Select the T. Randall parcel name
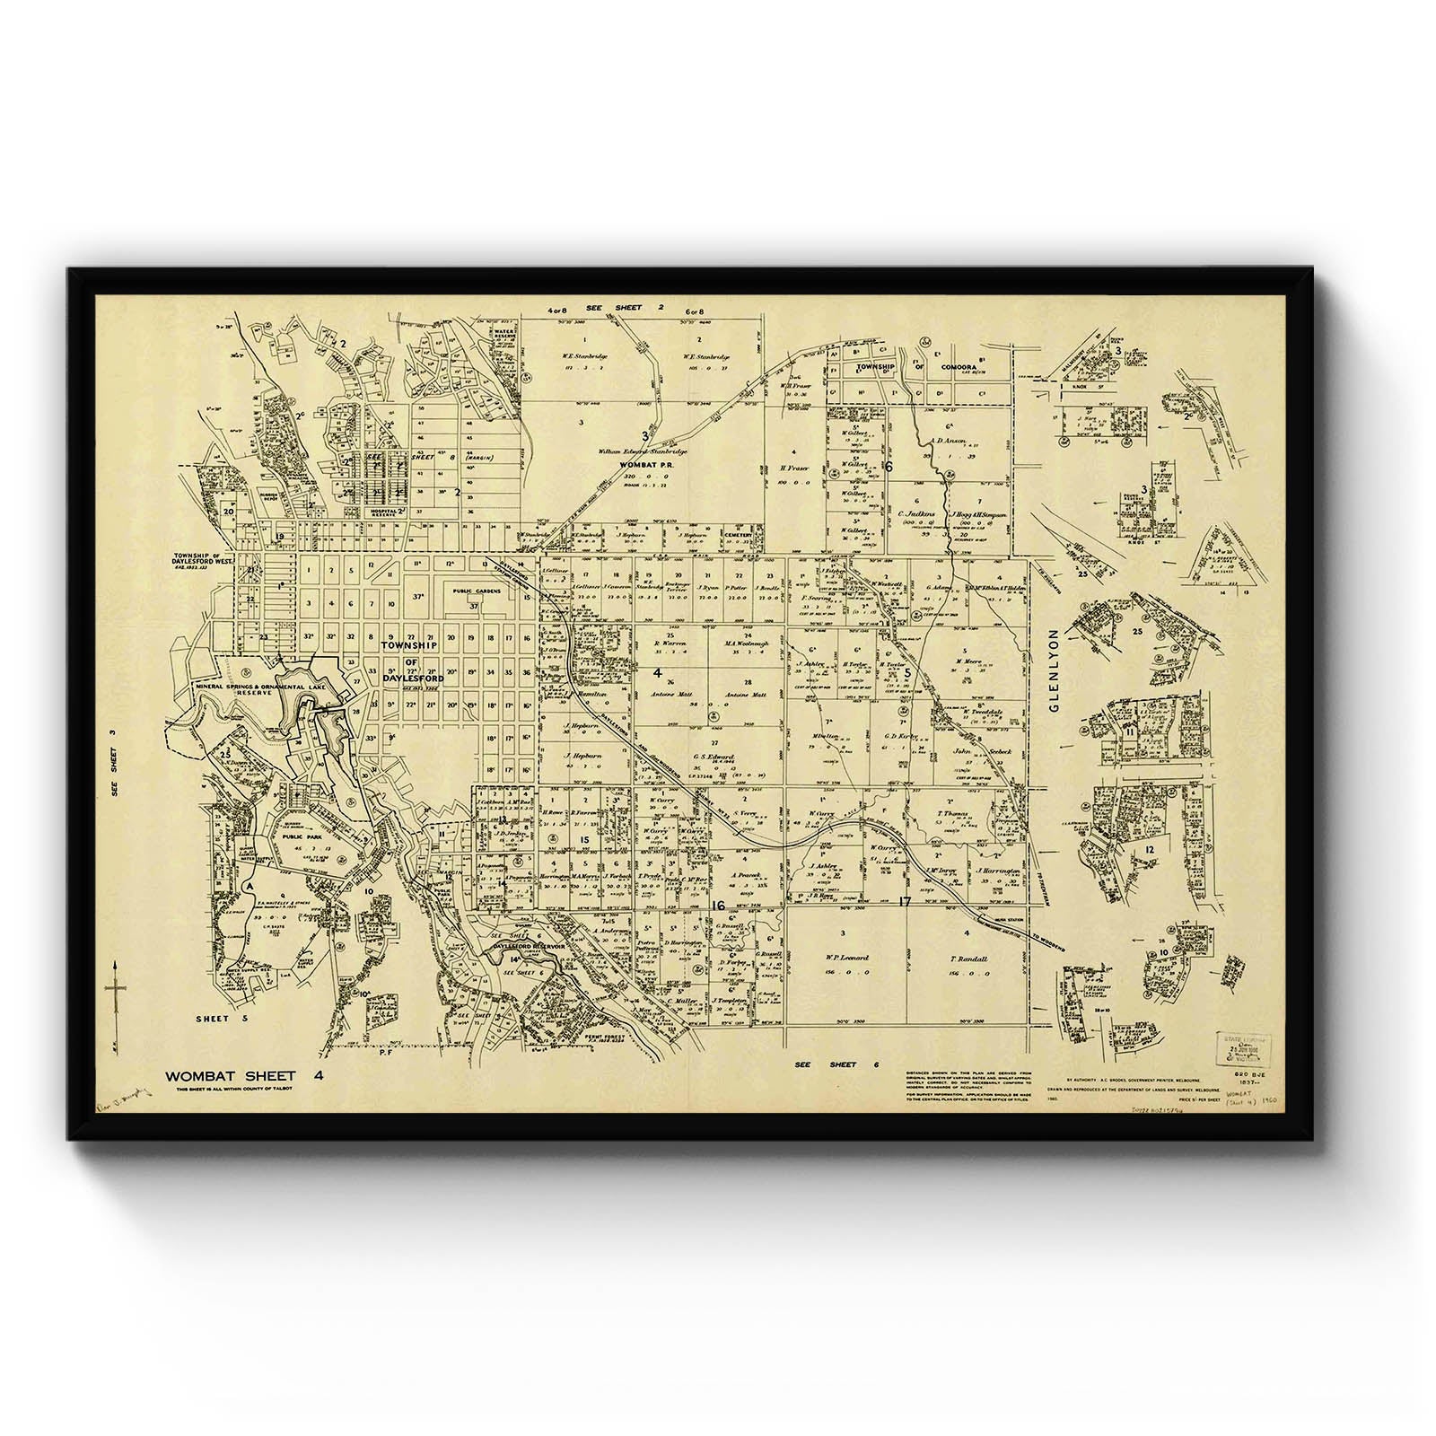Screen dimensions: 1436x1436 [x=969, y=959]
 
